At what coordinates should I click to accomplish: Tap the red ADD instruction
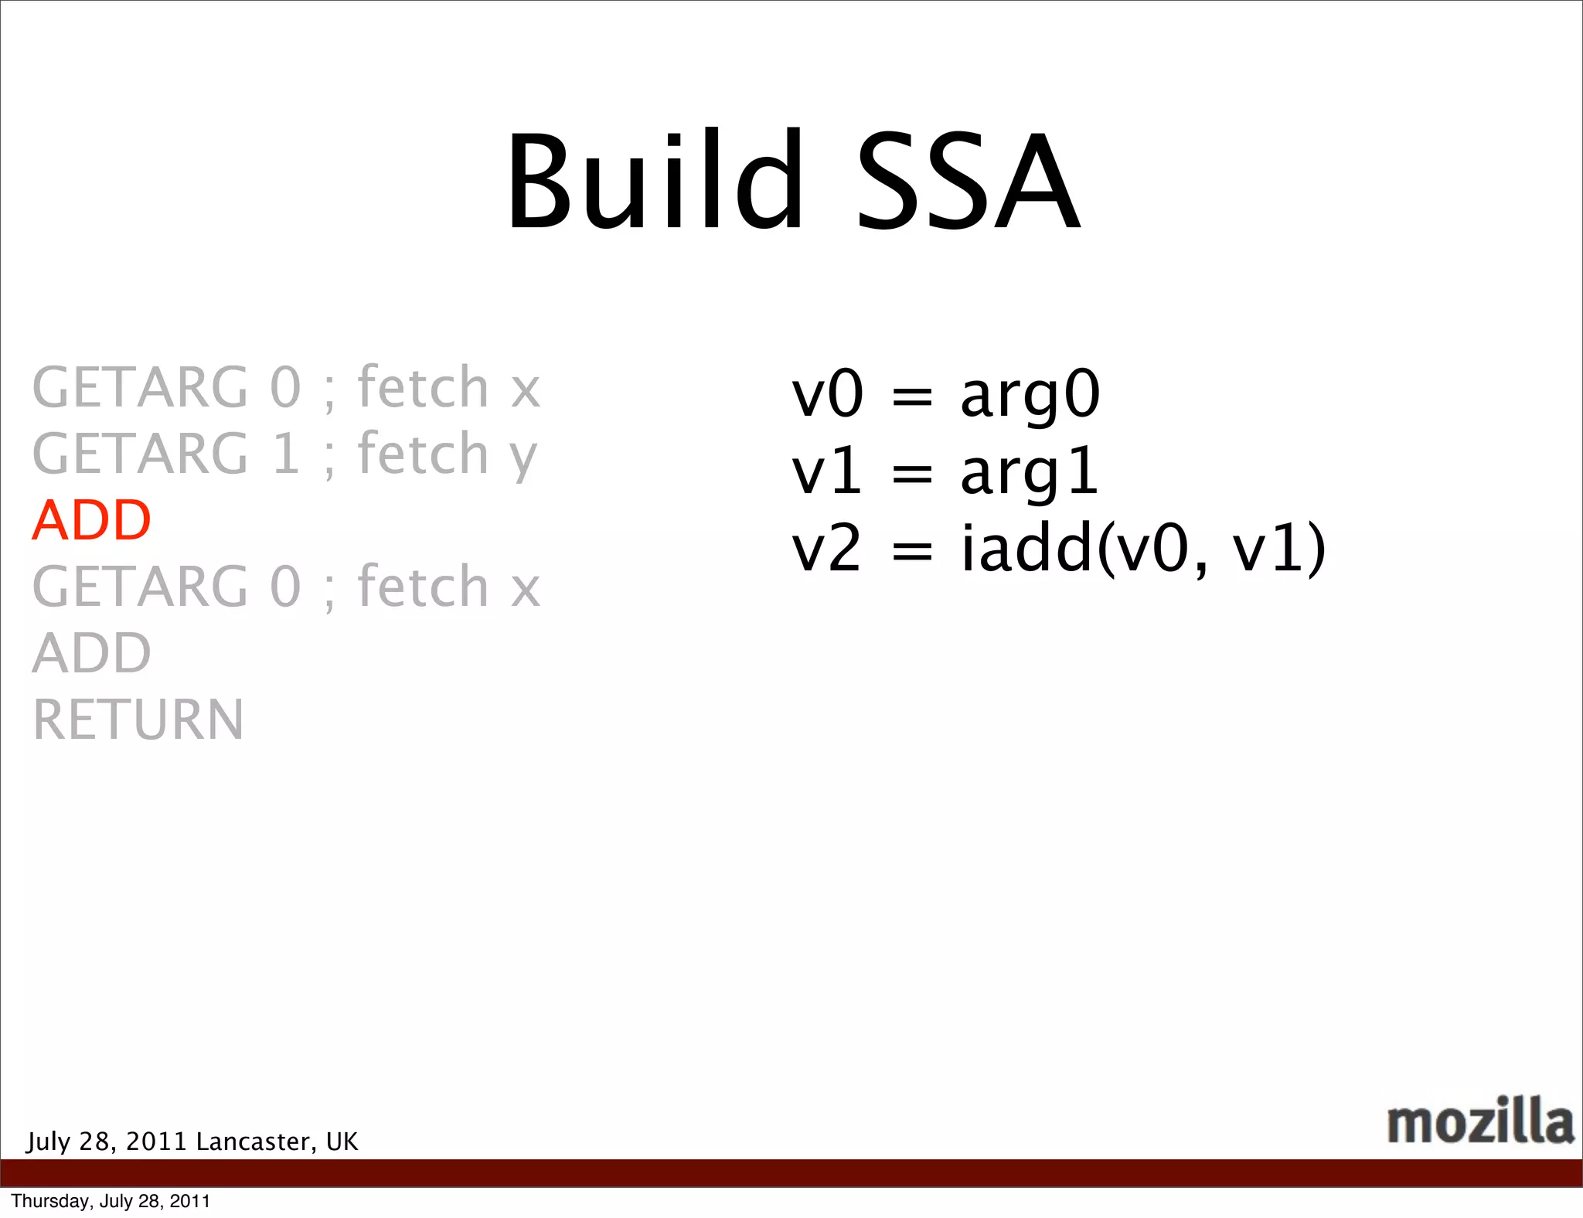91,520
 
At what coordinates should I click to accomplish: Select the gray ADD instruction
91,653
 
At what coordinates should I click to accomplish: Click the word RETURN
138,720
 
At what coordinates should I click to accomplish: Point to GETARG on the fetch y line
140,454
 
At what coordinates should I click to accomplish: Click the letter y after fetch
523,458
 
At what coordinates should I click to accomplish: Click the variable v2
826,549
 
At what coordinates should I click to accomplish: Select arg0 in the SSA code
1030,396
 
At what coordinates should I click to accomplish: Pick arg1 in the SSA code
1028,473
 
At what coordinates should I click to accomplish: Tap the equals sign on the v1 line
912,474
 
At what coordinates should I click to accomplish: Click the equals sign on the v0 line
912,396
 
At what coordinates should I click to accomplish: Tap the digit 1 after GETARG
286,454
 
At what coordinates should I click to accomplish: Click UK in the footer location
342,1141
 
